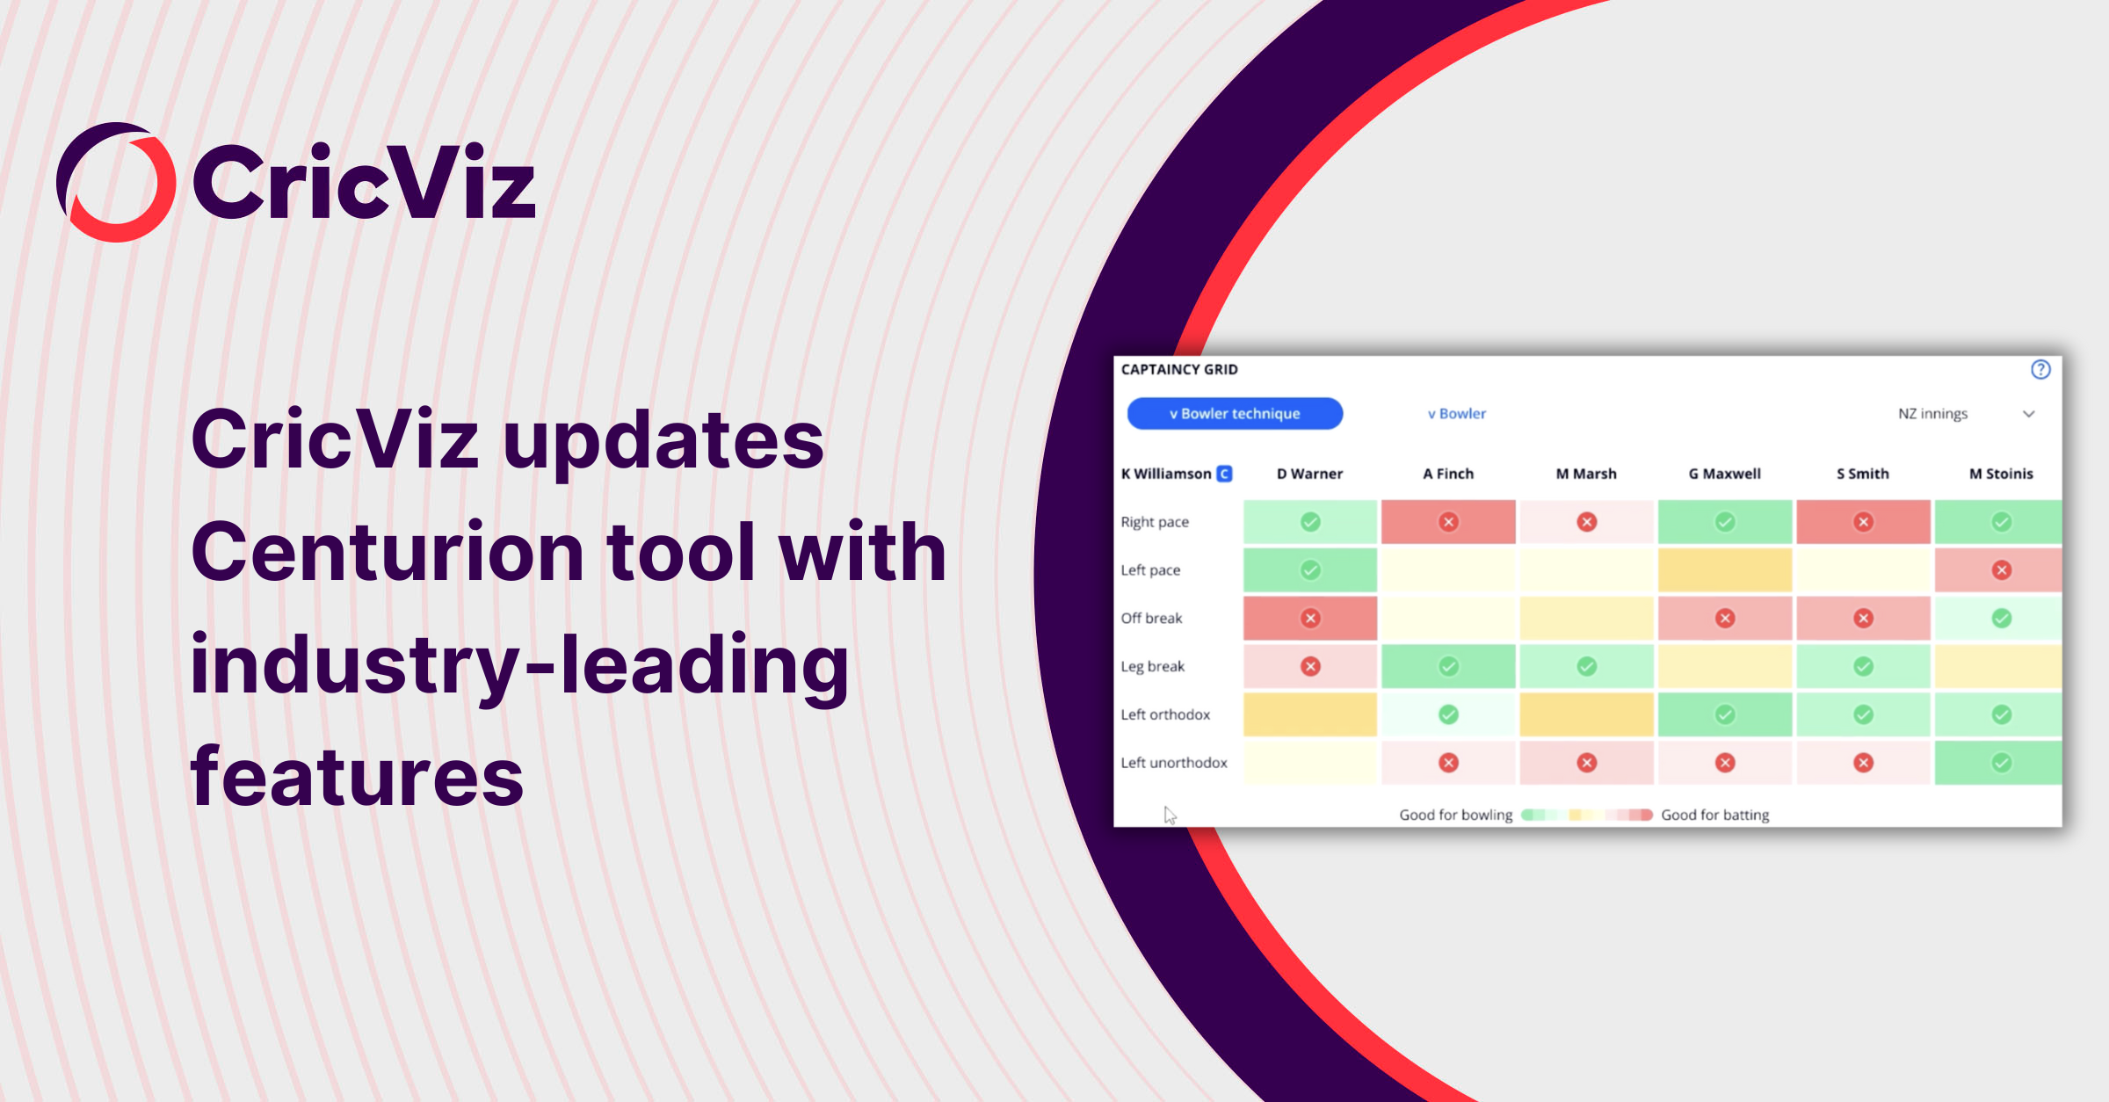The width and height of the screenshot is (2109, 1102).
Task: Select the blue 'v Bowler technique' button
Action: [1235, 414]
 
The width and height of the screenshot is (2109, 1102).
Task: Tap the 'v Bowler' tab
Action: [1456, 414]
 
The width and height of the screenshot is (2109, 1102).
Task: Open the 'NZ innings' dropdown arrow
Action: [2028, 414]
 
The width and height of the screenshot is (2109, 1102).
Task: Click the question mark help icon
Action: [2040, 370]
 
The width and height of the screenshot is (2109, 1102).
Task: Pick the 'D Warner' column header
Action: [1309, 474]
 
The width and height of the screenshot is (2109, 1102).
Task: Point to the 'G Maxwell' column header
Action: [1724, 474]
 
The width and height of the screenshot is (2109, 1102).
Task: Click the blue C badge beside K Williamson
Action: [1224, 474]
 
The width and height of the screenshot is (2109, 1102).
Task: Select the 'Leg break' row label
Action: [1152, 666]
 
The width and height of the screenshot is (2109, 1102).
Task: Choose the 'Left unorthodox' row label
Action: [1174, 763]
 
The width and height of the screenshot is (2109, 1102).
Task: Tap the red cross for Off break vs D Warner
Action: [1310, 619]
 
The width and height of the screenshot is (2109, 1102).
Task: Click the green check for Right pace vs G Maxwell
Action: [1725, 522]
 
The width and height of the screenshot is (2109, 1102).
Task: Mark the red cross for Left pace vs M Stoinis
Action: [2002, 570]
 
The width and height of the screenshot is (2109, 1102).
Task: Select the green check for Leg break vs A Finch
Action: [1448, 667]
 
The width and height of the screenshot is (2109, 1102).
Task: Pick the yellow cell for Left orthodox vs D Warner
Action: [1309, 714]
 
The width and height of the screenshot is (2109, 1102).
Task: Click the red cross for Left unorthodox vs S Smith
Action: [1863, 763]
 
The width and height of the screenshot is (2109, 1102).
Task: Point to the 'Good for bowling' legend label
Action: [1455, 815]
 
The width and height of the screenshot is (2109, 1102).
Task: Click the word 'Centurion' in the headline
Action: [388, 552]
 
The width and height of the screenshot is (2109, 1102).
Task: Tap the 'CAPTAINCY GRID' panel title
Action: [1179, 370]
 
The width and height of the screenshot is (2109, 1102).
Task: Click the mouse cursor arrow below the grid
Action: [1170, 815]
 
